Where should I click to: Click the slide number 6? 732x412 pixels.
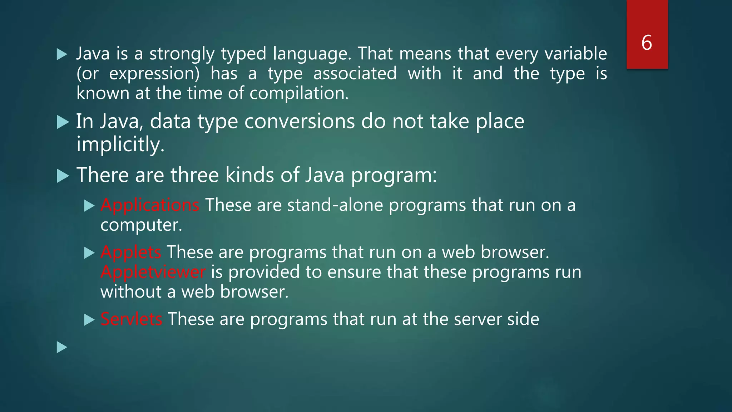coord(647,43)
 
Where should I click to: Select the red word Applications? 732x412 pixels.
coord(150,205)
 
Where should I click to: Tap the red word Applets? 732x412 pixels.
coord(131,252)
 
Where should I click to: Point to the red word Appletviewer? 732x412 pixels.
coord(153,272)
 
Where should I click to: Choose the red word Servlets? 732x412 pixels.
coord(131,319)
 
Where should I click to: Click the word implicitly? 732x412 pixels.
coord(120,144)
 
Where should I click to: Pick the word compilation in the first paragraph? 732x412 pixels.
coord(299,93)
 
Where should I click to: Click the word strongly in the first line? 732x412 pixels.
coord(182,54)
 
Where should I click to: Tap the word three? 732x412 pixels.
coord(195,175)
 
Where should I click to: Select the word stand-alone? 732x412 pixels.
coord(335,205)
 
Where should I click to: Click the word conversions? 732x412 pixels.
coord(300,122)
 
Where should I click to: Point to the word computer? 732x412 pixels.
coord(141,225)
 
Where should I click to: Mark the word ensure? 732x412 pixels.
coord(354,272)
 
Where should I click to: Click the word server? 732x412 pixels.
coord(477,319)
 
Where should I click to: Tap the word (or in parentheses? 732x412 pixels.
coord(88,74)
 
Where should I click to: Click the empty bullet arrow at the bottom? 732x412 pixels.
coord(62,347)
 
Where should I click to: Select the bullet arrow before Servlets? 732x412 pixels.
coord(89,320)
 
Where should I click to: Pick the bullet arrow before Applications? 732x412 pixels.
coord(89,206)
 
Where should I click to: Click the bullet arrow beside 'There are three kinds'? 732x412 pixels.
coord(63,176)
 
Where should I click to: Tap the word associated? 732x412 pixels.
coord(355,74)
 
